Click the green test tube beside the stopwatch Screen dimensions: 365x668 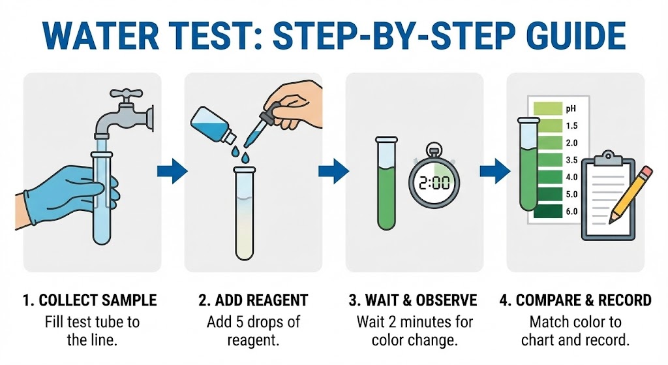pyautogui.click(x=386, y=183)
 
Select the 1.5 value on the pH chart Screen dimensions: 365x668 pyautogui.click(x=571, y=125)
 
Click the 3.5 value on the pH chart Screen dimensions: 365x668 pyautogui.click(x=571, y=159)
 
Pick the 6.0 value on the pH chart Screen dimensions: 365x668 pyautogui.click(x=571, y=211)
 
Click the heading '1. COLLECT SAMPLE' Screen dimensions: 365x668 pyautogui.click(x=90, y=300)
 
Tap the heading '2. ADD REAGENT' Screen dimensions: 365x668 pyautogui.click(x=253, y=300)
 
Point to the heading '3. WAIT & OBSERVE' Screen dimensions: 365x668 pyautogui.click(x=413, y=300)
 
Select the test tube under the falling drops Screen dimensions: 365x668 pyautogui.click(x=245, y=215)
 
